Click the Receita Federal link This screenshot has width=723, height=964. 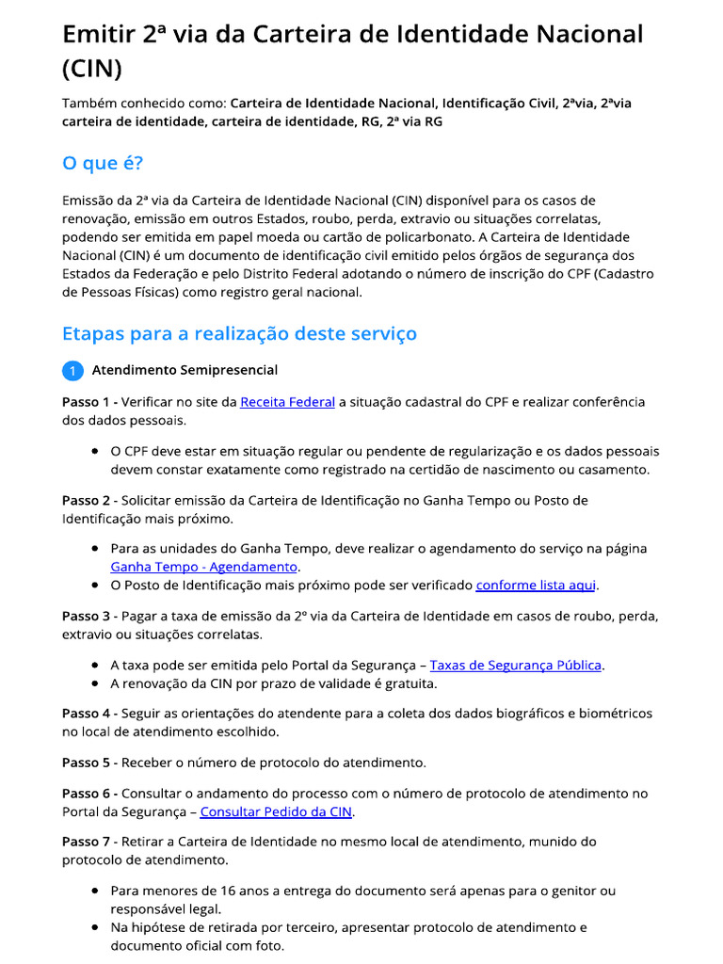287,402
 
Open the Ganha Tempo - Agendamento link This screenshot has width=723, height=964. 204,567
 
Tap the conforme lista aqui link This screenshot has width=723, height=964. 536,585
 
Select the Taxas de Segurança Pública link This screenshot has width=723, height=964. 516,665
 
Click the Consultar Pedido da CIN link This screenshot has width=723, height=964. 277,811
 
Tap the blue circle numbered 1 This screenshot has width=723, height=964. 73,371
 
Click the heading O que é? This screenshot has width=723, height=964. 103,163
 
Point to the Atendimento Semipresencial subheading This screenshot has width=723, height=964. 185,370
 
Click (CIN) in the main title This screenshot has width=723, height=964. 91,69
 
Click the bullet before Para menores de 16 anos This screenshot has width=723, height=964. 96,890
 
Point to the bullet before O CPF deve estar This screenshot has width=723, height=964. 96,451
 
